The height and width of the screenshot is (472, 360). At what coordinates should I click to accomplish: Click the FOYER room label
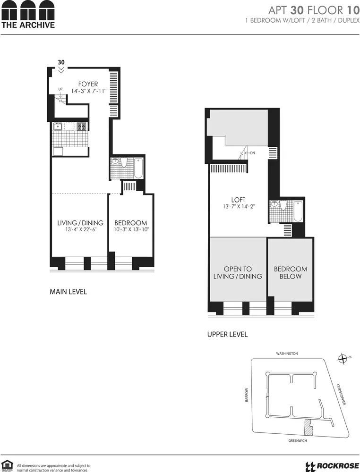[88, 84]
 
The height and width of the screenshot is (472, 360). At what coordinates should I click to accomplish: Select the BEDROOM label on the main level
[131, 223]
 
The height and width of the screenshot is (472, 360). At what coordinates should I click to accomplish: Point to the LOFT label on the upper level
[239, 200]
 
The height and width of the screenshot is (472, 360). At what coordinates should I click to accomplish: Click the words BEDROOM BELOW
[291, 272]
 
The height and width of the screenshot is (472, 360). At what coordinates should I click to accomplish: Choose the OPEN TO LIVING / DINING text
[238, 272]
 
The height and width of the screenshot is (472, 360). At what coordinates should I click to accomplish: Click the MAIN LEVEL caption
[69, 292]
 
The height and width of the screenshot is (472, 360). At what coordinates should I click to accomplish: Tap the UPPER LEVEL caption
[227, 334]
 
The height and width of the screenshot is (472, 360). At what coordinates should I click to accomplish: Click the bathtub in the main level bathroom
[138, 168]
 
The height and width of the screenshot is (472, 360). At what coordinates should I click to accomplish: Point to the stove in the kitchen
[82, 126]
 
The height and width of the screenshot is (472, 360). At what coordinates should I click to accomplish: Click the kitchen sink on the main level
[58, 126]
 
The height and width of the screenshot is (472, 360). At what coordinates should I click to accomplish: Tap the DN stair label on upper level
[252, 153]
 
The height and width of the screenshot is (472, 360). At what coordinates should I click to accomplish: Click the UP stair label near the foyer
[60, 89]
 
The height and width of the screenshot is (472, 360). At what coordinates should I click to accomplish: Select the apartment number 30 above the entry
[61, 62]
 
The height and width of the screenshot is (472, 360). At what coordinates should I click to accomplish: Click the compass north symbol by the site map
[343, 359]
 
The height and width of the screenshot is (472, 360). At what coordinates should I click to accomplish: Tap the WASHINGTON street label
[287, 353]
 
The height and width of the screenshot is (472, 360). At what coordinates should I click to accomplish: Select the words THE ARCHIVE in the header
[28, 25]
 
